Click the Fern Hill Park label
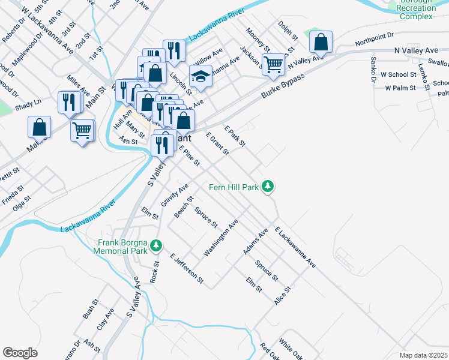point(234,187)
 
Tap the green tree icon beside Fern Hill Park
point(270,187)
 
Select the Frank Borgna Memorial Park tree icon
point(156,245)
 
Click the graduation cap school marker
point(200,76)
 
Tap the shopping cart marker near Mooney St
point(273,64)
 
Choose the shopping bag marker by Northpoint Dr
point(321,43)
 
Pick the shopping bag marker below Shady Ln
point(39,127)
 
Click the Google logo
point(20,353)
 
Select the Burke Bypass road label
point(283,88)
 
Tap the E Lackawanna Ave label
point(295,247)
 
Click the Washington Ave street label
point(221,238)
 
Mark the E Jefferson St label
point(187,268)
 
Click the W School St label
point(401,74)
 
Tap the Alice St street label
point(282,295)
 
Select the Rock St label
point(155,271)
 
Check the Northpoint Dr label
point(373,39)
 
